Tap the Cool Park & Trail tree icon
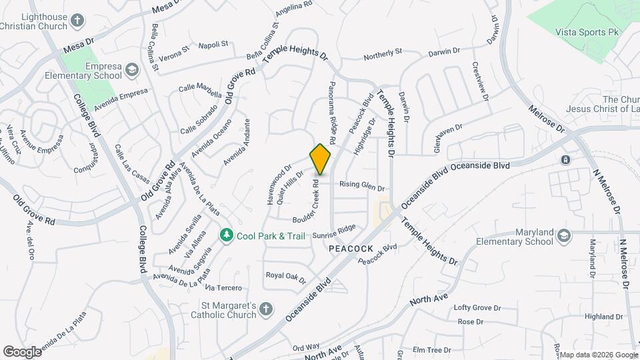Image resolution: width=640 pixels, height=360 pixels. pyautogui.click(x=227, y=236)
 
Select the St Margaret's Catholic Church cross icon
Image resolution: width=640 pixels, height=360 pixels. pyautogui.click(x=265, y=309)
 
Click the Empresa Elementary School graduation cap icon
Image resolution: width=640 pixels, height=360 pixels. pyautogui.click(x=132, y=70)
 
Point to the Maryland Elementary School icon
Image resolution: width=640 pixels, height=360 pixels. pyautogui.click(x=565, y=236)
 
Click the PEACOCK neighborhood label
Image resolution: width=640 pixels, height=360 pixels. pyautogui.click(x=351, y=248)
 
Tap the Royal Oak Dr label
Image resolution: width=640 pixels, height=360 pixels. pyautogui.click(x=285, y=275)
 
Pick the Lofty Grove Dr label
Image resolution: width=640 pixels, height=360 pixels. pyautogui.click(x=477, y=307)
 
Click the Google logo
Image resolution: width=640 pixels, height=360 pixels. pyautogui.click(x=22, y=351)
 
